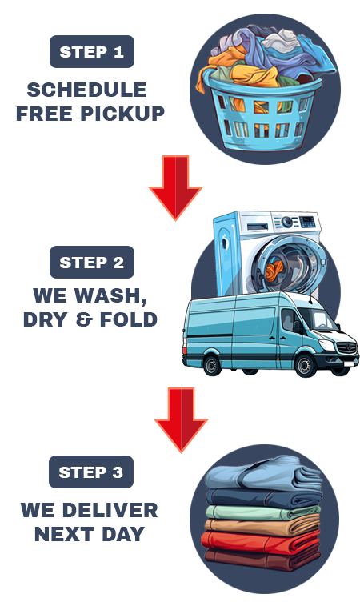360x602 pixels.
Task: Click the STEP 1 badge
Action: tap(92, 52)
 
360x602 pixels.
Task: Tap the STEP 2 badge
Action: tap(92, 263)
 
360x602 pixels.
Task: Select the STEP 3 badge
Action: tap(91, 472)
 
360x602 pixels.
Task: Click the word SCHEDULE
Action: tap(86, 90)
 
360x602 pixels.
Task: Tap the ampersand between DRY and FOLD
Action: tap(84, 319)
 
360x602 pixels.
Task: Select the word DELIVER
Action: tap(110, 510)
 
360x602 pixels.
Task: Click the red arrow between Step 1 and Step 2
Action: tap(176, 187)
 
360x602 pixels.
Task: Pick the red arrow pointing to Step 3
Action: tap(181, 419)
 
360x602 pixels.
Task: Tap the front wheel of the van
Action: tap(306, 365)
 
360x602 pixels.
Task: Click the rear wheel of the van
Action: tap(211, 365)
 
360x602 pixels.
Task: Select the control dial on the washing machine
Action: tap(286, 222)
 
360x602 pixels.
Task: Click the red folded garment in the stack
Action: tap(261, 542)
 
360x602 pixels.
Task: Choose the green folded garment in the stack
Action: tap(262, 512)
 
